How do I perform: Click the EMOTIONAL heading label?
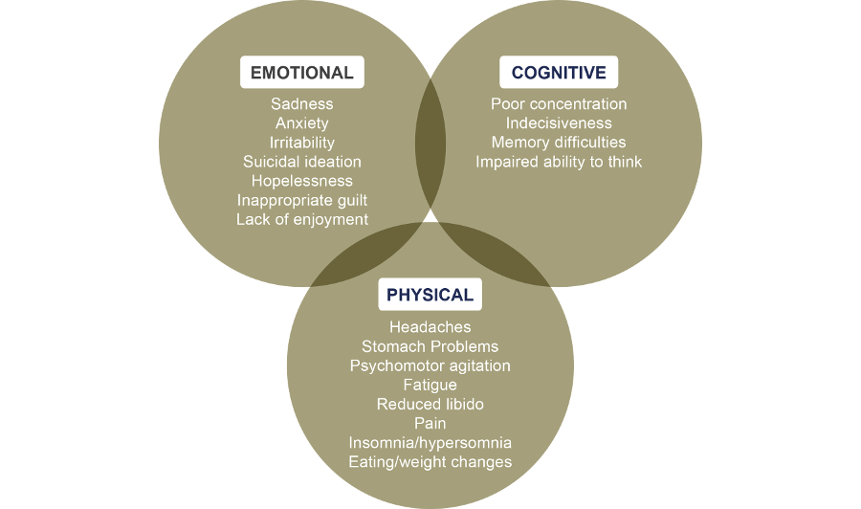click(x=301, y=73)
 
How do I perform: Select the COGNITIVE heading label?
click(x=559, y=73)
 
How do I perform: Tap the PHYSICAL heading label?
click(x=430, y=295)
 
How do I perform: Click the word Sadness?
click(x=301, y=104)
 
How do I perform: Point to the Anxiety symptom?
click(x=301, y=123)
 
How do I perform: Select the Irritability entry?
click(x=301, y=143)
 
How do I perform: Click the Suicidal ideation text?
click(x=301, y=162)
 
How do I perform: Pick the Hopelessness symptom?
click(x=301, y=181)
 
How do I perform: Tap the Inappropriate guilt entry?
click(x=301, y=200)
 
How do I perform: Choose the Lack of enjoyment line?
click(x=301, y=219)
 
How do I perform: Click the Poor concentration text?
click(x=559, y=104)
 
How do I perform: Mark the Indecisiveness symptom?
click(x=559, y=123)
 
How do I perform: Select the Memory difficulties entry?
click(x=559, y=143)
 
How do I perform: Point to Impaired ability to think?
click(x=559, y=162)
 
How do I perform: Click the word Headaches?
click(x=430, y=327)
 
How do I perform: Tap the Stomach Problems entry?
click(x=430, y=346)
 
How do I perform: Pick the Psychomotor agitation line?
click(x=430, y=365)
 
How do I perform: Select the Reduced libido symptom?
click(x=430, y=404)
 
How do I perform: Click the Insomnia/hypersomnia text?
click(x=430, y=443)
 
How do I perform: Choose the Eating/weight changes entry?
click(x=430, y=462)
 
